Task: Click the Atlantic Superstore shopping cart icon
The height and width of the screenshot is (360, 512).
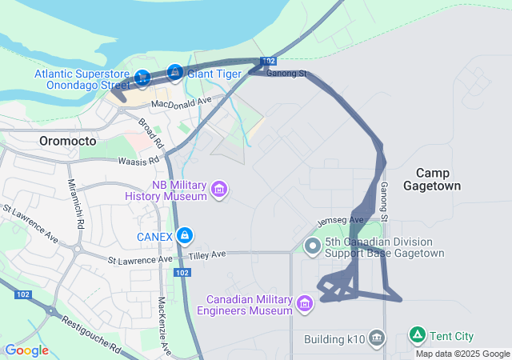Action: (x=142, y=78)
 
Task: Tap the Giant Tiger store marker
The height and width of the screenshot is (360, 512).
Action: (x=174, y=73)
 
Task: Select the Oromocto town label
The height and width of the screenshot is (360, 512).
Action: (x=67, y=141)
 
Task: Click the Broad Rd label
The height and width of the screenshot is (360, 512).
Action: (x=150, y=134)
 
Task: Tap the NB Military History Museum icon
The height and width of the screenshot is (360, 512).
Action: (x=219, y=190)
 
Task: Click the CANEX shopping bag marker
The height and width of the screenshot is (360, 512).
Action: (x=185, y=235)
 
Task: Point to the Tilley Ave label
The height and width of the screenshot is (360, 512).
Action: (x=207, y=255)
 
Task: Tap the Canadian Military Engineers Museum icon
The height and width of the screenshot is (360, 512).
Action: (x=304, y=303)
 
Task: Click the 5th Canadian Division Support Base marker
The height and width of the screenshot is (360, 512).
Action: (x=313, y=244)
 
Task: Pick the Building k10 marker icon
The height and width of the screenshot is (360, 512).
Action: (x=378, y=339)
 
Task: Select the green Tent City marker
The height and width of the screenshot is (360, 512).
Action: (x=417, y=334)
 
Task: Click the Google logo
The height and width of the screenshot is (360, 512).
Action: (x=26, y=350)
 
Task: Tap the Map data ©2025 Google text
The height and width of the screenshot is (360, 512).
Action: (x=462, y=354)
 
